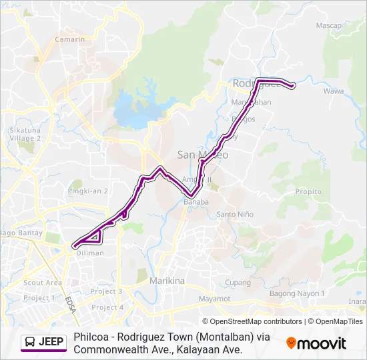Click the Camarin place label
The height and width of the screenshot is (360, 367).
tap(70, 39)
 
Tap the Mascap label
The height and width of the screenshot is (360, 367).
tap(328, 26)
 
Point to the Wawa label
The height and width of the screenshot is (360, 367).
tap(333, 91)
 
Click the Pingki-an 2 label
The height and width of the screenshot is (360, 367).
tap(87, 191)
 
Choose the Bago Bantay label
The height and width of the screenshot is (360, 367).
tap(22, 233)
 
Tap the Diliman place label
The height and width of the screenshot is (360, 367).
tap(90, 253)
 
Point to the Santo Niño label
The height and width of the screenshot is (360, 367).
tap(235, 215)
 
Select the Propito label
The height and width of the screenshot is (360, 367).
tap(308, 191)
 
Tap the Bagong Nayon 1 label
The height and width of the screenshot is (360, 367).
tap(297, 293)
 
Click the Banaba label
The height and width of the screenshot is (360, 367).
tap(197, 202)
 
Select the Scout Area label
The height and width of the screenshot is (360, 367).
tap(43, 283)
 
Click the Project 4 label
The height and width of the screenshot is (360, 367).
tap(107, 307)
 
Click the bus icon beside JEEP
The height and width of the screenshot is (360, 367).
tap(30, 342)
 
